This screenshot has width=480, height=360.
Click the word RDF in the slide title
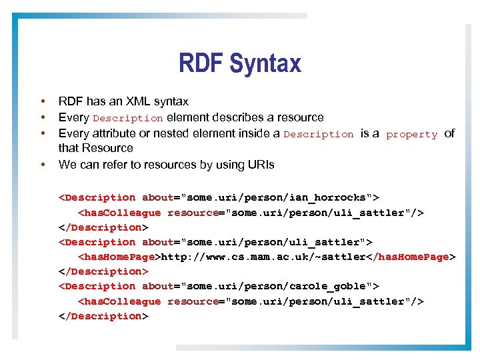pyautogui.click(x=201, y=64)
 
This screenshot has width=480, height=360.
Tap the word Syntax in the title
pyautogui.click(x=265, y=64)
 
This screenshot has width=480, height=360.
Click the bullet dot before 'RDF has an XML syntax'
pyautogui.click(x=42, y=101)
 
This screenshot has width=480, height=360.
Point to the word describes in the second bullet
pyautogui.click(x=234, y=117)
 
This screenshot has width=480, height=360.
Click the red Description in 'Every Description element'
pyautogui.click(x=127, y=118)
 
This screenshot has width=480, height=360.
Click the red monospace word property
pyautogui.click(x=411, y=134)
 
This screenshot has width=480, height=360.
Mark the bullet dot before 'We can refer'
pyautogui.click(x=42, y=164)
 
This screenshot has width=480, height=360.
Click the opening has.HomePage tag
pyautogui.click(x=119, y=257)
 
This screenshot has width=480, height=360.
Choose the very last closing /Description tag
pyautogui.click(x=103, y=316)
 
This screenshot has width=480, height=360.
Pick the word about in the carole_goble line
pyautogui.click(x=157, y=286)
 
